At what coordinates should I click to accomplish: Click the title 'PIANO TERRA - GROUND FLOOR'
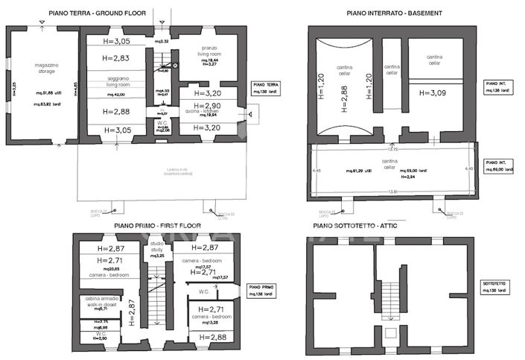(x=97, y=13)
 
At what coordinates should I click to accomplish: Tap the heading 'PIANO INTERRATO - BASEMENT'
(x=395, y=13)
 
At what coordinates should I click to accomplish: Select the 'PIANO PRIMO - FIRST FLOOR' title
(x=159, y=225)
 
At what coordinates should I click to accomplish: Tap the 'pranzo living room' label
(x=209, y=51)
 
